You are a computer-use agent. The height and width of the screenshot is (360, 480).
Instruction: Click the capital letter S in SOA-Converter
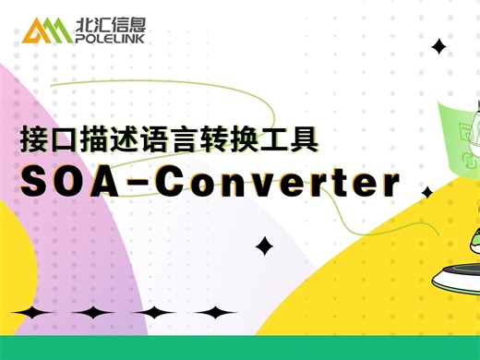coord(33,182)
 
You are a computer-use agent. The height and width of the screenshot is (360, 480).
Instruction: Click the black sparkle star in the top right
coord(439,46)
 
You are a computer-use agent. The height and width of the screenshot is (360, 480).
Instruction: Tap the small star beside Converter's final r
coord(426,192)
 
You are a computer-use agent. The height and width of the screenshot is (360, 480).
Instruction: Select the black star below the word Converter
coord(265,246)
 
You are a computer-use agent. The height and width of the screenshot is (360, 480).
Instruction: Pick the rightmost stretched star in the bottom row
coord(215,313)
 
